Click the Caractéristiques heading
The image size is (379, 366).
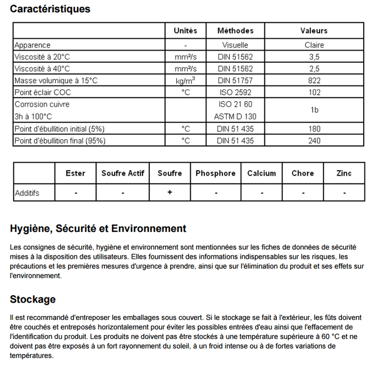50,9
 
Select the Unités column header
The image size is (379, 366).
185,31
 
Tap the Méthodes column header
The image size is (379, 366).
235,31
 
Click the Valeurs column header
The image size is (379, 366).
314,31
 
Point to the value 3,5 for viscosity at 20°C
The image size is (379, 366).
314,57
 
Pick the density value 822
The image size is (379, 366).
314,81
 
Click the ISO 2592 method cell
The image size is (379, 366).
235,93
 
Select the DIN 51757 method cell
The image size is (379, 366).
235,81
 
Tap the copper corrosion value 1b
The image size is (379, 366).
314,111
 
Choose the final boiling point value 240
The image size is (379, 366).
314,140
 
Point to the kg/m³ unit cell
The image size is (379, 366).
185,81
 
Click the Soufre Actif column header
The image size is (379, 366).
123,173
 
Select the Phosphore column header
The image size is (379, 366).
215,173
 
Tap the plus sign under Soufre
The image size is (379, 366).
170,193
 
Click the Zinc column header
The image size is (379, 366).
344,173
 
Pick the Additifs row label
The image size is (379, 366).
27,193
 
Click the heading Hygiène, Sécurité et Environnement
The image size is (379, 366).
98,228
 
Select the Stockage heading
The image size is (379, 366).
33,299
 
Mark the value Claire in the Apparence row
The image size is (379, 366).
314,45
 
